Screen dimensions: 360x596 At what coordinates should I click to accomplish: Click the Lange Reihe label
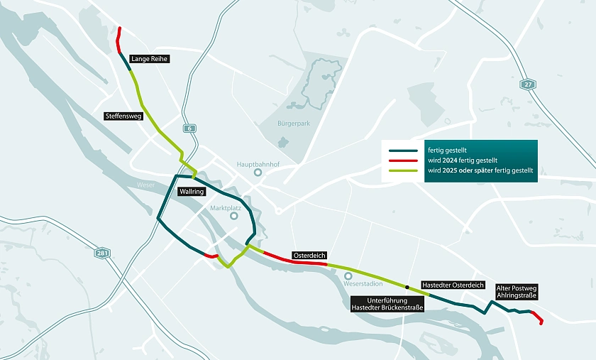pos(149,59)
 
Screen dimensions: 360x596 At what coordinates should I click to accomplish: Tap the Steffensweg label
pos(124,116)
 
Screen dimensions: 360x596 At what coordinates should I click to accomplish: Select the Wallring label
pos(192,192)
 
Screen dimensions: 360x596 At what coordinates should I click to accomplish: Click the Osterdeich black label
pos(309,255)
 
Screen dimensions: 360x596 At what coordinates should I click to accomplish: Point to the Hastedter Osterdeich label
pos(453,284)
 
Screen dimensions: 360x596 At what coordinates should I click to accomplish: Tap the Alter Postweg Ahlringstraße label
pos(517,291)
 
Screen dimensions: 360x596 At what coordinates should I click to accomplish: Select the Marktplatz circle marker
pos(233,216)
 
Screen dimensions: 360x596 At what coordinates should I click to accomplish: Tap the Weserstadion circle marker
pos(348,276)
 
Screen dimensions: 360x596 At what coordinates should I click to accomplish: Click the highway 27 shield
pos(526,84)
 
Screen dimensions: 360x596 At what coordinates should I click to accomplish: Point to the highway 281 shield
pos(104,253)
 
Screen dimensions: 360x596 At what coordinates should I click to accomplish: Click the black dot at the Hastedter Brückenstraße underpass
pos(407,287)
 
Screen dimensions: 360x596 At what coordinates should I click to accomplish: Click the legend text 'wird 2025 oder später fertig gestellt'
pos(479,171)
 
